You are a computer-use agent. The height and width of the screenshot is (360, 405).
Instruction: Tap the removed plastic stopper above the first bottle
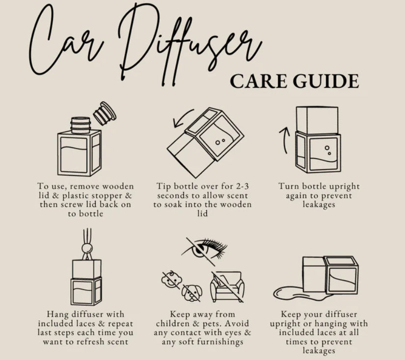[x=105, y=113]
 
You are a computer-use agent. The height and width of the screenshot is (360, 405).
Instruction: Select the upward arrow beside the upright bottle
[x=284, y=140]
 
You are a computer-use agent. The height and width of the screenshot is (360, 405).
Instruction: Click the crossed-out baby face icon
[x=171, y=280]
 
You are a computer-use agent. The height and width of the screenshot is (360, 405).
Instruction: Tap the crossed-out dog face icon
[x=191, y=293]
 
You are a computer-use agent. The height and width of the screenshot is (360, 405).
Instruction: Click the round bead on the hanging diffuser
[x=87, y=249]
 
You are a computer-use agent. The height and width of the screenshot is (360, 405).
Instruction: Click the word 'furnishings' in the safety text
[x=220, y=342]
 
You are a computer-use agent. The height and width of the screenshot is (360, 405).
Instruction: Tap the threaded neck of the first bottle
[x=81, y=125]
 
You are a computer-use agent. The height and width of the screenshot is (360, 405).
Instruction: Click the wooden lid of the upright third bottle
[x=317, y=120]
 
